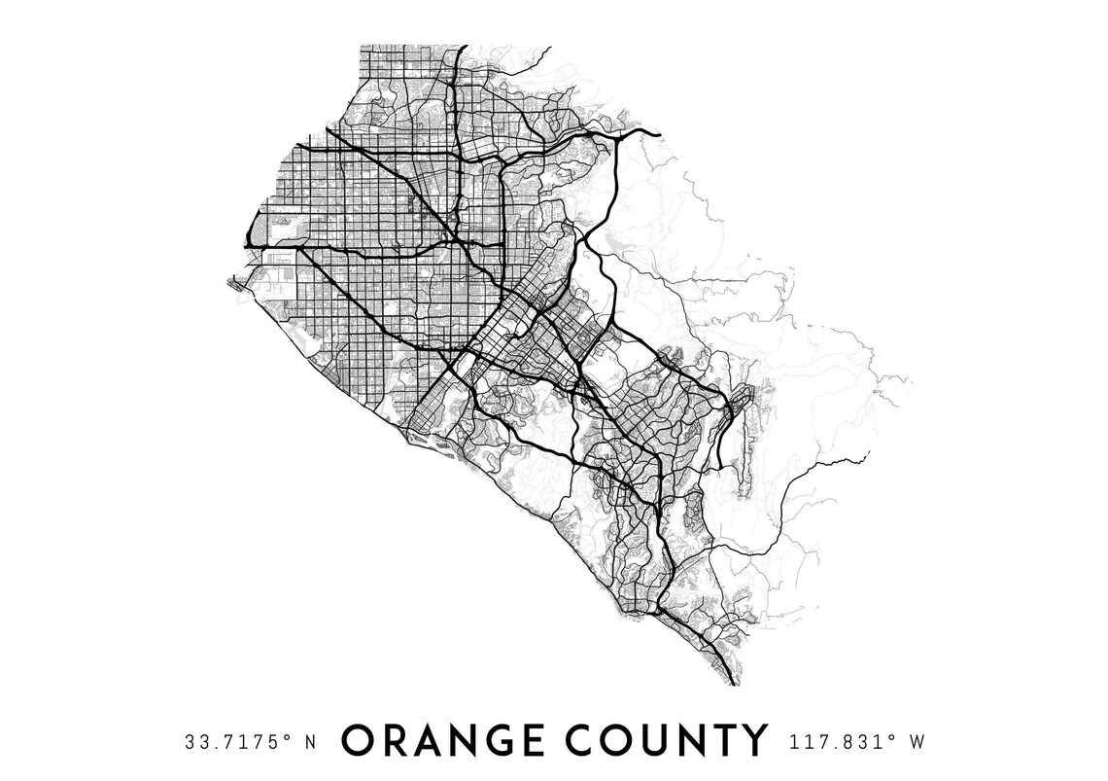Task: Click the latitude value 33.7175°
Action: click(233, 742)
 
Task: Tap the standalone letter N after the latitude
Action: click(311, 742)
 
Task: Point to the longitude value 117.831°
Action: click(837, 742)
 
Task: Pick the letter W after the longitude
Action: click(916, 742)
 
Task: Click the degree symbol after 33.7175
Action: click(290, 737)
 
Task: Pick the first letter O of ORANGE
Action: click(358, 741)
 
